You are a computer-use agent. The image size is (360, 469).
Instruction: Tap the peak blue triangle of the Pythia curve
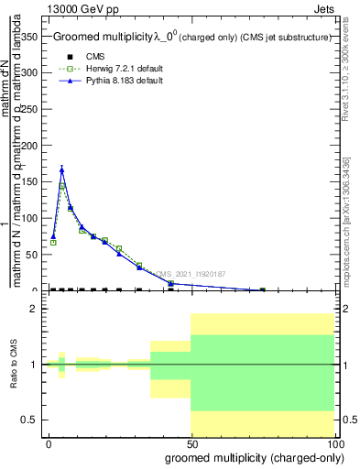(61, 169)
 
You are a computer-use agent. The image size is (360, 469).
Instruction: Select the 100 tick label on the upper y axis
(29, 218)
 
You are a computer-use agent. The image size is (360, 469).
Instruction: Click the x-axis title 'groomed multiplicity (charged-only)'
(240, 458)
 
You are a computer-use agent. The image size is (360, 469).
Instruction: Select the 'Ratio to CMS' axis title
(14, 365)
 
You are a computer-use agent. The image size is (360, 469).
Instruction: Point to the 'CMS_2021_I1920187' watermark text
(191, 273)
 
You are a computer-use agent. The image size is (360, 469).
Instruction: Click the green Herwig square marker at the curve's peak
(61, 186)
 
